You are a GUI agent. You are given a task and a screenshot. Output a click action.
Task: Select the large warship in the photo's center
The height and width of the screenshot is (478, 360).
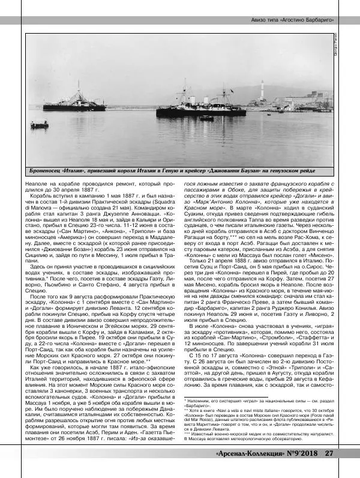coord(201,108)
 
